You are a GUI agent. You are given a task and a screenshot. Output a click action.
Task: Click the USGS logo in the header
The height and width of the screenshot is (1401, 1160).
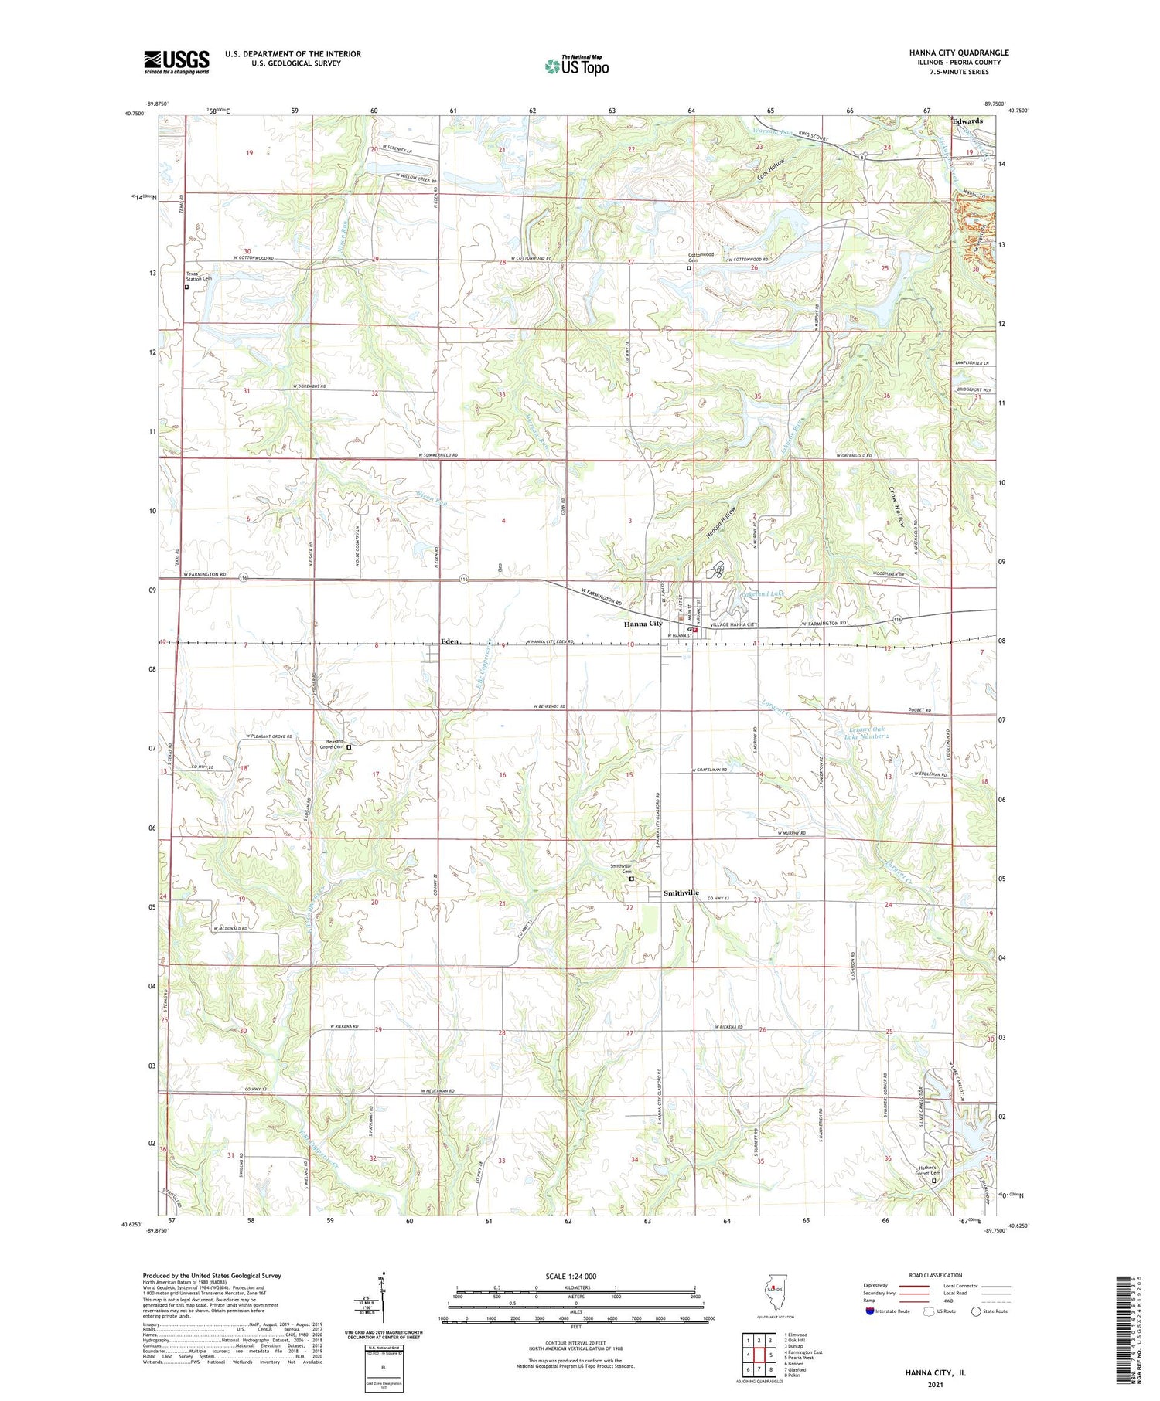(x=176, y=62)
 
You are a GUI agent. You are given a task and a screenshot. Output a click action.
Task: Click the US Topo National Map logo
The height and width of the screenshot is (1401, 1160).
(x=577, y=66)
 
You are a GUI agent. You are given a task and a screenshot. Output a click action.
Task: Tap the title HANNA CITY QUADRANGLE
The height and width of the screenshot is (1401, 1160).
(x=959, y=53)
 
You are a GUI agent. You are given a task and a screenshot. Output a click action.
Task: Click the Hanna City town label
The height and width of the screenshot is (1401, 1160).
(x=643, y=624)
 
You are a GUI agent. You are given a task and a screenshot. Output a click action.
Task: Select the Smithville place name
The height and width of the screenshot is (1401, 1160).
(x=681, y=893)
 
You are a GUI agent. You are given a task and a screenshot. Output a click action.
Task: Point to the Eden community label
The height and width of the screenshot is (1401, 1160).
(x=450, y=641)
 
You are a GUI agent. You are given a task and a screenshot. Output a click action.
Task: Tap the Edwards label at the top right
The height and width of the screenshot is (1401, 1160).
(x=967, y=121)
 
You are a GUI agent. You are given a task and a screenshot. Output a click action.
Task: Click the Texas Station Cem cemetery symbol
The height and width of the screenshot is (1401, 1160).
(x=187, y=287)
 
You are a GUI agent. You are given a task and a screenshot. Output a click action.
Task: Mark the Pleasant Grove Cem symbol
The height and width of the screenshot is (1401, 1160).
(x=349, y=747)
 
